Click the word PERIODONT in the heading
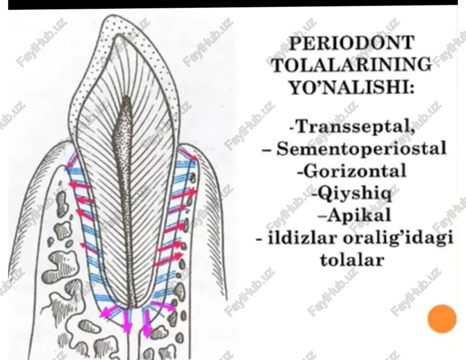click(x=352, y=43)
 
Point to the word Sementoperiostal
click(x=362, y=148)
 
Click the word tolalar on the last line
click(x=352, y=260)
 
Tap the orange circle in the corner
click(x=442, y=319)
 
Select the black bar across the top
click(x=233, y=4)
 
